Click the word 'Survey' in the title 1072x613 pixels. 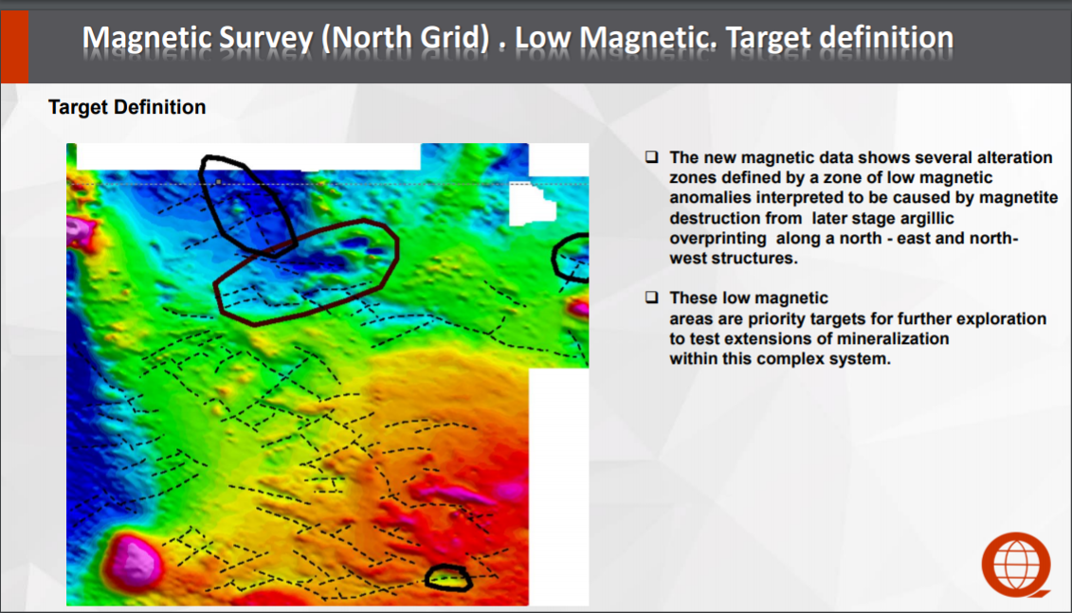[266, 38]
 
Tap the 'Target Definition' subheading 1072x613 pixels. [127, 107]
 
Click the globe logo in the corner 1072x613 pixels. [1016, 566]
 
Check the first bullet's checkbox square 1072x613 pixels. [651, 157]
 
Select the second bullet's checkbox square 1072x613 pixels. [651, 297]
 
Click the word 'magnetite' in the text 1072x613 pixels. [1019, 197]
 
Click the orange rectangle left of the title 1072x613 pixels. [14, 46]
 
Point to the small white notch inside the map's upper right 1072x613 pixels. [532, 204]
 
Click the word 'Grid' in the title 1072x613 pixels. [455, 38]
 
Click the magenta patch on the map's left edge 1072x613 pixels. [81, 231]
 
